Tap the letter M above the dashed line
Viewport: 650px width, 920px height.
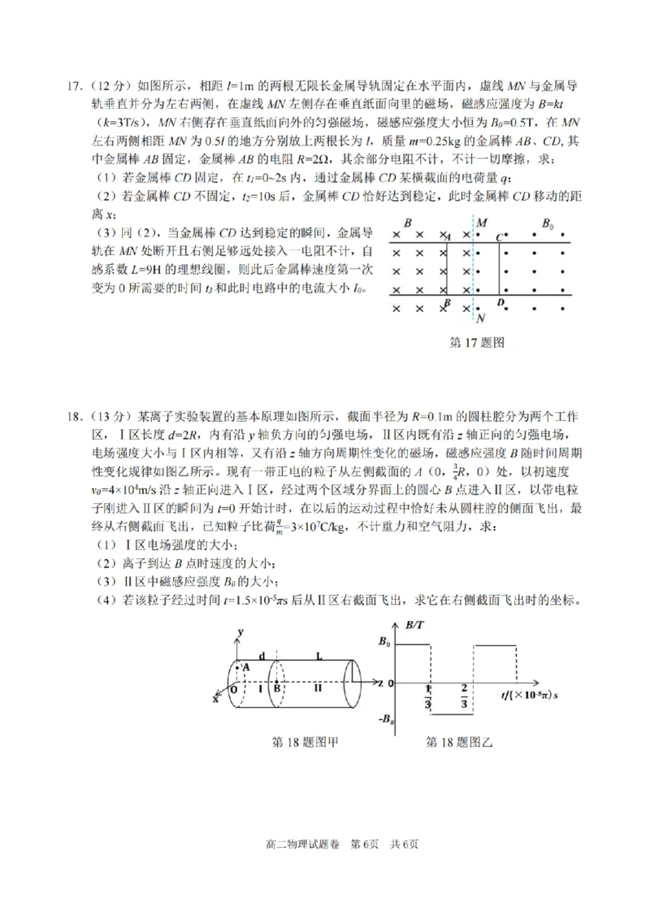(x=482, y=223)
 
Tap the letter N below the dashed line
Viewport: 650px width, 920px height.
(x=481, y=319)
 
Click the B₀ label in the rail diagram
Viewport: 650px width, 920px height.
(x=548, y=223)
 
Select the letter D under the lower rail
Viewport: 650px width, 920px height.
(x=500, y=303)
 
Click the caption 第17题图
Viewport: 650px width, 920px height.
(x=477, y=342)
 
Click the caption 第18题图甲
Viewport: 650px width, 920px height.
(x=304, y=741)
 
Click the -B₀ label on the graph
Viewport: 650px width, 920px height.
(x=386, y=718)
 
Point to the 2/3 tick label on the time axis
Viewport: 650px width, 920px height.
(x=464, y=697)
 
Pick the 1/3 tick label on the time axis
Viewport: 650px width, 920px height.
(x=428, y=697)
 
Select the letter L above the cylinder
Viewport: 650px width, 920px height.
(x=319, y=655)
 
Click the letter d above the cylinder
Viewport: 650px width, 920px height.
(x=261, y=655)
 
